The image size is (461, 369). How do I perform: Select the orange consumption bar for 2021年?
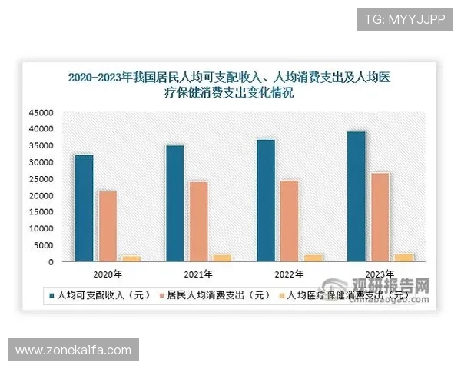pyautogui.click(x=199, y=221)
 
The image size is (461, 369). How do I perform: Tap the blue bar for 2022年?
pyautogui.click(x=266, y=201)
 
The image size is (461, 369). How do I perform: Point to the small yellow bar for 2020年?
pyautogui.click(x=131, y=258)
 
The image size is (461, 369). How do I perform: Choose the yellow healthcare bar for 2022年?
pyautogui.click(x=313, y=258)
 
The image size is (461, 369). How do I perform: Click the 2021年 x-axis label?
pyautogui.click(x=197, y=274)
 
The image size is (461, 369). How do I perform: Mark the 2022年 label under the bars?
pyautogui.click(x=289, y=274)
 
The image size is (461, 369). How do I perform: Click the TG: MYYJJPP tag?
pyautogui.click(x=405, y=18)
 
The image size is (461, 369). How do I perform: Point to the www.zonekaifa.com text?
pyautogui.click(x=74, y=351)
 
